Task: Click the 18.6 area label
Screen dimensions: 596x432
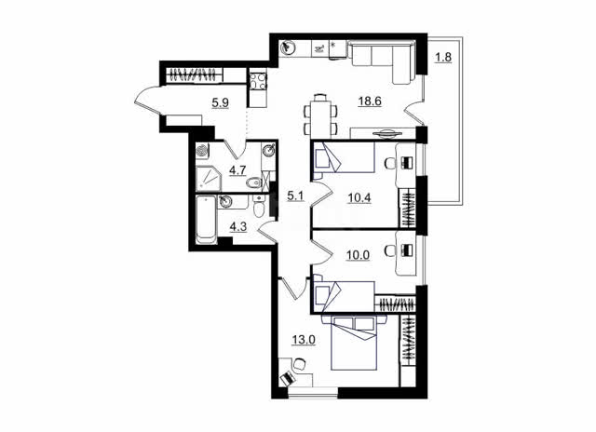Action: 370,101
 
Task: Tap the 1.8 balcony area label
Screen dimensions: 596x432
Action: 443,58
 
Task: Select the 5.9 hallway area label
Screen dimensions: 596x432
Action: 220,103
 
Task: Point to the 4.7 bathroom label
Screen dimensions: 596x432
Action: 237,171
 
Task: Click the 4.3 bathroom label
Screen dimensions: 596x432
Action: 238,227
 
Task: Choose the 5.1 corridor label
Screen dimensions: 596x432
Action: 295,196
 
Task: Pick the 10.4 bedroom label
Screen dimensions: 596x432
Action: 359,198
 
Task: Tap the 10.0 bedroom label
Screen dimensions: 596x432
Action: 358,255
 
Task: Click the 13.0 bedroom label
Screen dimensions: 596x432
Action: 304,340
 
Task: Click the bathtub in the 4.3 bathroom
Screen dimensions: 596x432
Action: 207,219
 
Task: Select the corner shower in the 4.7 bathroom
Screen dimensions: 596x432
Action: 209,178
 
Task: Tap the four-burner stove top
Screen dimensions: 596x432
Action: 258,82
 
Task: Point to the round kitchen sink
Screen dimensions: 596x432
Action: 287,47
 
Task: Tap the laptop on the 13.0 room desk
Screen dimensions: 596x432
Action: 287,378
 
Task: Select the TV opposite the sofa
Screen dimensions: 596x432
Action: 386,134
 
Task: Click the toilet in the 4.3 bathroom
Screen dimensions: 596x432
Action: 259,207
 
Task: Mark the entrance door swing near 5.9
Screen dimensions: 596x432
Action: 146,100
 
